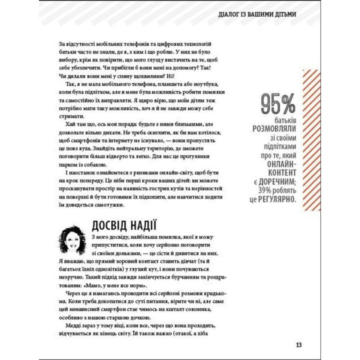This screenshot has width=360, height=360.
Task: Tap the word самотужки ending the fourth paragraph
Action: pyautogui.click(x=113, y=204)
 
